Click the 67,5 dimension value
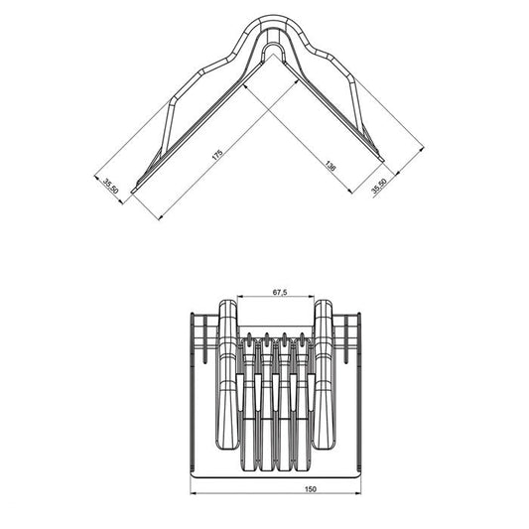point(279,293)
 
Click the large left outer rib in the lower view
point(226,377)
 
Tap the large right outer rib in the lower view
point(328,377)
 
